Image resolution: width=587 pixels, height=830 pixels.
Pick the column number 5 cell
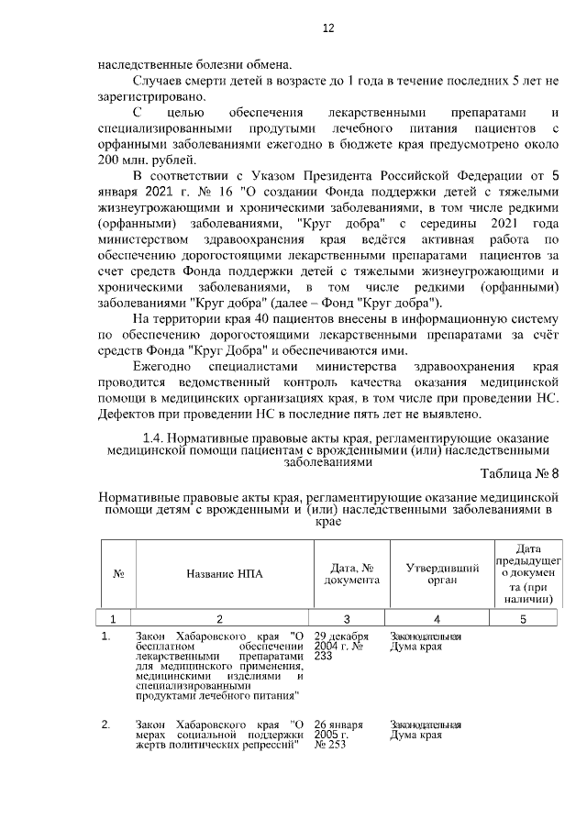coord(523,618)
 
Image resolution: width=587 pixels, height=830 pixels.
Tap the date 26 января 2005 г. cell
coord(338,735)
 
